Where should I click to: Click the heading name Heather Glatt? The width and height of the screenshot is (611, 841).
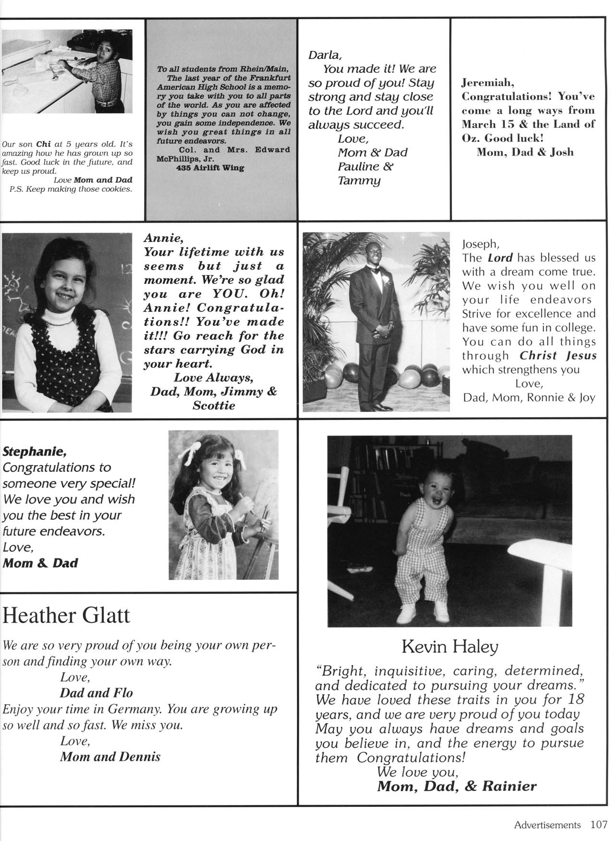[x=66, y=615]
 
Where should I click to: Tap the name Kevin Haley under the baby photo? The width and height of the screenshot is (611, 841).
[x=450, y=647]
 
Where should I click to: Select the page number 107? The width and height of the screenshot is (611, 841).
[x=599, y=825]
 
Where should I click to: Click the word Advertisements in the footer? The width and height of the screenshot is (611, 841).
[x=547, y=825]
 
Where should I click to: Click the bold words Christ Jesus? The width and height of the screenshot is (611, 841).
[x=558, y=356]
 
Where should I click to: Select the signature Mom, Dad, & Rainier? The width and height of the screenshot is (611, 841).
[x=456, y=786]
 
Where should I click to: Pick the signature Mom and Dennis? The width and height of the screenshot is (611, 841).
[x=110, y=757]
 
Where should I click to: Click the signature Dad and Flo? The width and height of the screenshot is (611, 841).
[x=96, y=693]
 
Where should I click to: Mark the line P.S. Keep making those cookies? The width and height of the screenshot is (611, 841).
[x=71, y=189]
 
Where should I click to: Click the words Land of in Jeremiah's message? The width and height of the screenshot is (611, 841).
[x=569, y=124]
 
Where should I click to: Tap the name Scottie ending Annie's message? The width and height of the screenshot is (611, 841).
[x=214, y=406]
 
